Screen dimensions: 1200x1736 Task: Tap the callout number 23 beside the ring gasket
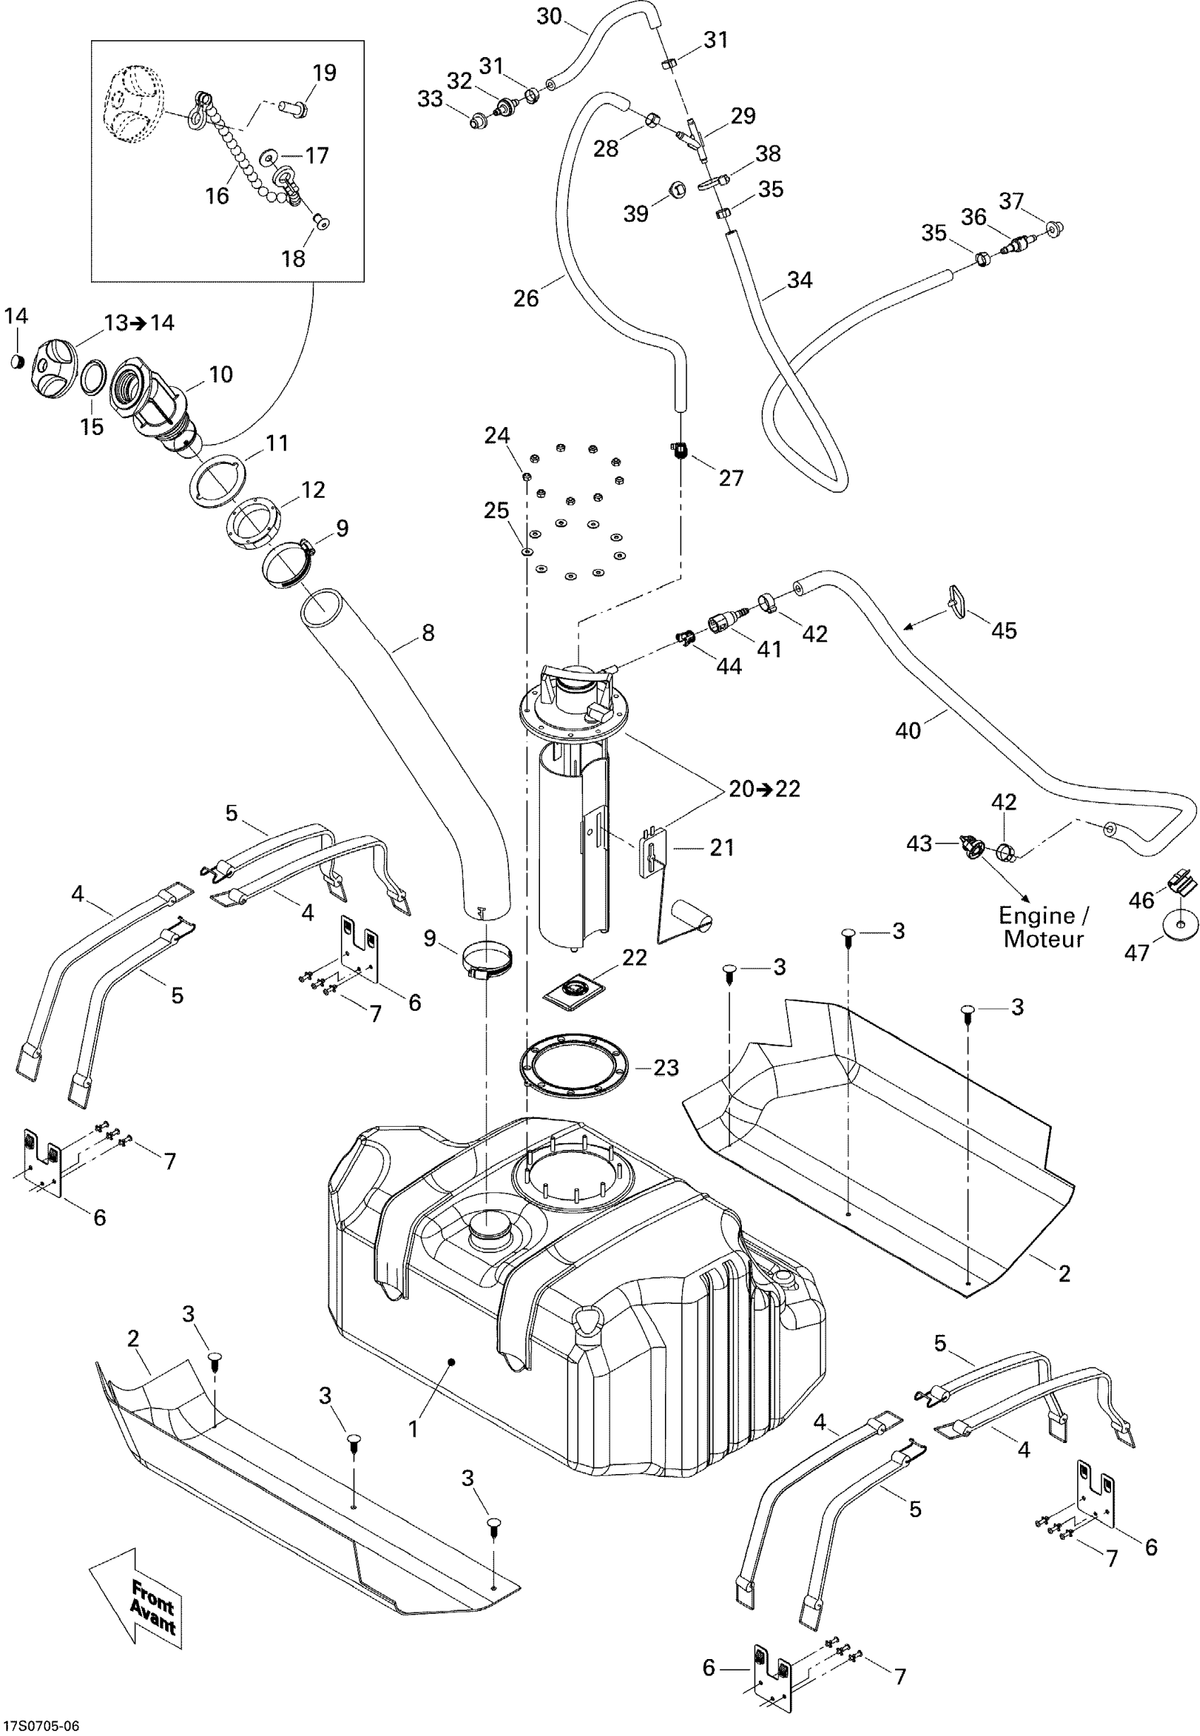[666, 1067]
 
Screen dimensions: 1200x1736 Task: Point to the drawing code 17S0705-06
[42, 1725]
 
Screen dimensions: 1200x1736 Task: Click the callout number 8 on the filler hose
[428, 633]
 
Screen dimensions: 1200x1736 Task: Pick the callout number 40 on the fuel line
[908, 729]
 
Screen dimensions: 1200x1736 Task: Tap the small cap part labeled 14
[16, 362]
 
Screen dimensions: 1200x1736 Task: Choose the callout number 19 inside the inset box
[324, 73]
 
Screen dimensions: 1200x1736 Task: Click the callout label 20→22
[764, 789]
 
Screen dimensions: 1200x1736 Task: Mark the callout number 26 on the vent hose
[527, 299]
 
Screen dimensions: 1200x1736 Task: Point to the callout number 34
[800, 280]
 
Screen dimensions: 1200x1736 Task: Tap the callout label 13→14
[139, 323]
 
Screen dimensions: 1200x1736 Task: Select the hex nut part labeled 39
[676, 188]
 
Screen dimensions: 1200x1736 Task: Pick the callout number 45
[1004, 630]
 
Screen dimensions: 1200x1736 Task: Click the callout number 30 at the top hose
[550, 16]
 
